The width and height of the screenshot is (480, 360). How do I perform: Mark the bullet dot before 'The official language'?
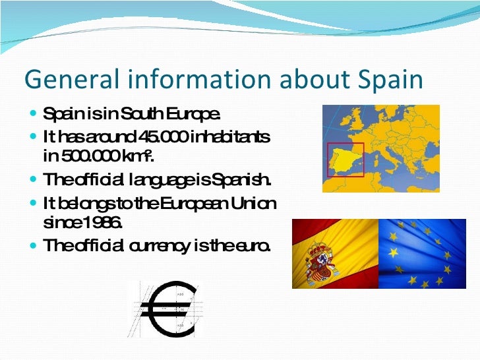pos(34,179)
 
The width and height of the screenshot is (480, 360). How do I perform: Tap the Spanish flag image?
pos(335,254)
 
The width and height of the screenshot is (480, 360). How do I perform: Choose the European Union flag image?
pos(425,254)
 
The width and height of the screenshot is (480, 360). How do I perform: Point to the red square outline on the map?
pos(328,158)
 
